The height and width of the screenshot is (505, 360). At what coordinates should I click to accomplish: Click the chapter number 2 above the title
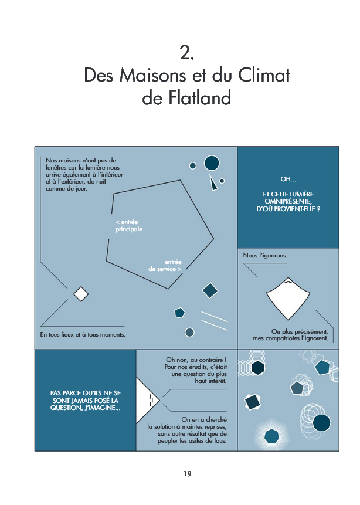[187, 53]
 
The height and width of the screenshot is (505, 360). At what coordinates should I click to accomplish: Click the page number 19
[188, 474]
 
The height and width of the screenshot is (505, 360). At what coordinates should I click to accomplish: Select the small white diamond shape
[81, 294]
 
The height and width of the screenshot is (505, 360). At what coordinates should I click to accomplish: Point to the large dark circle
[212, 163]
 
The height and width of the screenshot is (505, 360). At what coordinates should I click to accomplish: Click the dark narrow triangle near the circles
[213, 183]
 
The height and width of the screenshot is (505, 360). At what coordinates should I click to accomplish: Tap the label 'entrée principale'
[129, 226]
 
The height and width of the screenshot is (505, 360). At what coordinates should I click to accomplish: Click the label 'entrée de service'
[165, 266]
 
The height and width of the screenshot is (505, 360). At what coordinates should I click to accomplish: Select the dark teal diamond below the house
[210, 290]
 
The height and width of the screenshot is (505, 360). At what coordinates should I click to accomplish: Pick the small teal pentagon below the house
[179, 313]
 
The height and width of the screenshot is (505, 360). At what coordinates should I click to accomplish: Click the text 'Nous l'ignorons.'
[265, 255]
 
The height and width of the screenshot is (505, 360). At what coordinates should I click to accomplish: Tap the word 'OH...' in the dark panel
[288, 179]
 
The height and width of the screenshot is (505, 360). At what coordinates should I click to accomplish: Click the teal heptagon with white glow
[271, 436]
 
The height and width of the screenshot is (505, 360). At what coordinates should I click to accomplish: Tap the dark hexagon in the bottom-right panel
[257, 368]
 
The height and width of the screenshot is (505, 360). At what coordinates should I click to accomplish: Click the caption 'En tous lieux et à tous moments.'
[83, 335]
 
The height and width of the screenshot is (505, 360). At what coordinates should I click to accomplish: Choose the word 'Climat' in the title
[264, 75]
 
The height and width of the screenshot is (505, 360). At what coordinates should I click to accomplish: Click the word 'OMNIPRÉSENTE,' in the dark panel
[288, 201]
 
